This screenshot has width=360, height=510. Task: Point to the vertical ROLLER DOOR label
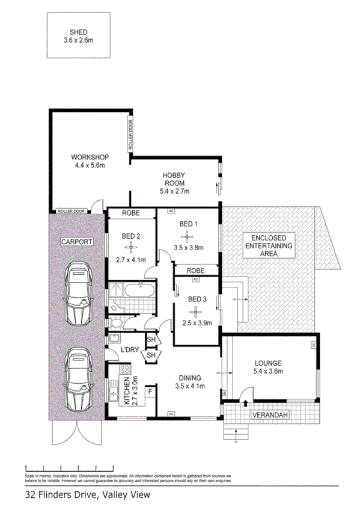pos(130,134)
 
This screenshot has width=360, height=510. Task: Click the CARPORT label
pos(76,241)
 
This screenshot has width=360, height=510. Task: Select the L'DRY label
pos(130,350)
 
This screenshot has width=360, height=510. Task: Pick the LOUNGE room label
pos(269,363)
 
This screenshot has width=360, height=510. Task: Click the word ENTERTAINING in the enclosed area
pos(269,245)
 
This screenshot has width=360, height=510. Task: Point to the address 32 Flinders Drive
pos(62,496)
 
